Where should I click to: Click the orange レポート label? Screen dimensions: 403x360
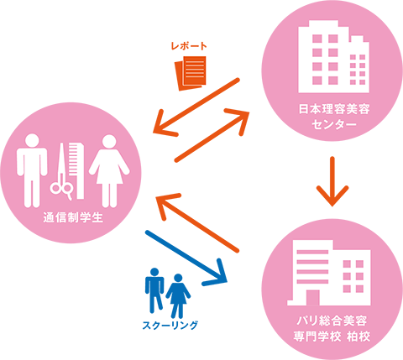tap(189, 46)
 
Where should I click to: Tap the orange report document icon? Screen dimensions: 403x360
tap(191, 73)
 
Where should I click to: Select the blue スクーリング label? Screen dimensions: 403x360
tap(170, 325)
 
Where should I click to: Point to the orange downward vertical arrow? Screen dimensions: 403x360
tap(332, 181)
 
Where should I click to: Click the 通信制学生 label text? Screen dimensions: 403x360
tap(73, 217)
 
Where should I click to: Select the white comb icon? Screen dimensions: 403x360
tap(76, 170)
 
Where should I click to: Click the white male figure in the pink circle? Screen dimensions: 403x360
tap(32, 170)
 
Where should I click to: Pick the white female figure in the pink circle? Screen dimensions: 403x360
tap(109, 170)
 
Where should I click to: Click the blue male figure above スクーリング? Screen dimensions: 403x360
tap(154, 290)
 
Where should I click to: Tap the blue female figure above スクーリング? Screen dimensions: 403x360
tap(178, 295)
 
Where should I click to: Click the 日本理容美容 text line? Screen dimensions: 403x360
tap(334, 109)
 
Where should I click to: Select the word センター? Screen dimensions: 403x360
tap(334, 124)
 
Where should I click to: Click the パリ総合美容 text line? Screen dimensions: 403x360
tap(332, 321)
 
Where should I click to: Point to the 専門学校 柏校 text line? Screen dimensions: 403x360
tap(332, 336)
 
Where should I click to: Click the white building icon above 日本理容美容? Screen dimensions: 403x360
tap(333, 56)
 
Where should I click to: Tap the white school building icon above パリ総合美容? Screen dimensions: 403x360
tap(329, 273)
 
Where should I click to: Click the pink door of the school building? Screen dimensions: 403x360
tap(313, 298)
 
